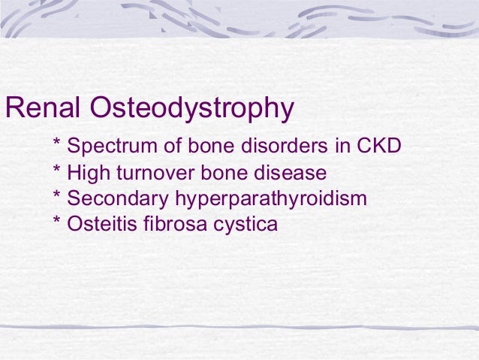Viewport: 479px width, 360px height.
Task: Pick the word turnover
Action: pyautogui.click(x=150, y=173)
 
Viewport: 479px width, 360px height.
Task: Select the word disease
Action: pyautogui.click(x=292, y=173)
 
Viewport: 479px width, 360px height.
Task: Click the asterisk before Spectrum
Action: pyautogui.click(x=57, y=143)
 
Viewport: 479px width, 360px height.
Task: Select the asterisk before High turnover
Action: pyautogui.click(x=57, y=171)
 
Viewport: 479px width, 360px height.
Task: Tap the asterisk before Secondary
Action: pyautogui.click(x=57, y=196)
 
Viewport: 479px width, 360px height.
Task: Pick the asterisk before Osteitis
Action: pyautogui.click(x=57, y=221)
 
